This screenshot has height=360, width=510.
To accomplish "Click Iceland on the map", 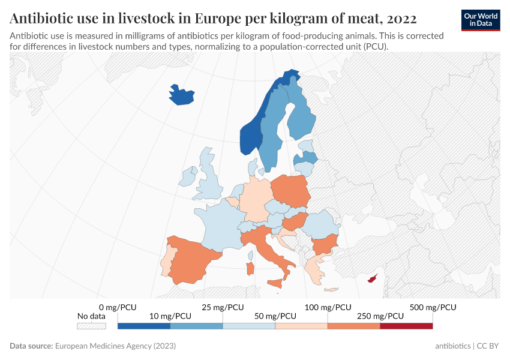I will (182, 95).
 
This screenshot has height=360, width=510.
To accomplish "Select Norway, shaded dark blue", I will (250, 139).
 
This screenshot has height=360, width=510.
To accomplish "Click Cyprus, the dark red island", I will (373, 278).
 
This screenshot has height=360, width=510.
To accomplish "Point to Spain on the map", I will (192, 258).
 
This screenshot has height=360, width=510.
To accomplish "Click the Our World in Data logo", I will (481, 20).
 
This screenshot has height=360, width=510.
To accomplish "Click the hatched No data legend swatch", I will (91, 326).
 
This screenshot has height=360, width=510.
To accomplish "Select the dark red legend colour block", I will (406, 326).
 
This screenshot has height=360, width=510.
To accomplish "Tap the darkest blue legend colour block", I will (144, 326).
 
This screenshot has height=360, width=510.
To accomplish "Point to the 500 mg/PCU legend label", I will (433, 307).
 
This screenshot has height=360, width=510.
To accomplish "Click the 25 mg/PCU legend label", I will (223, 307).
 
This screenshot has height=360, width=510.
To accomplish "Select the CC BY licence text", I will (487, 346).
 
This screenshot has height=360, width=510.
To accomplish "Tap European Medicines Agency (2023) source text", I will (115, 346).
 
